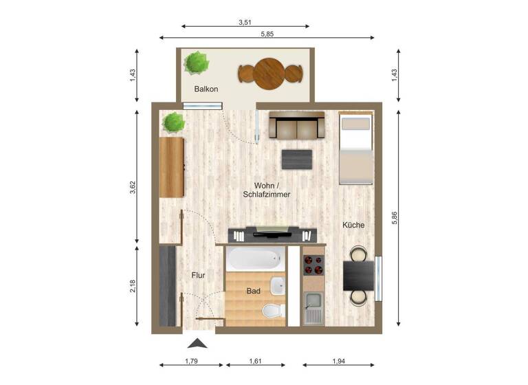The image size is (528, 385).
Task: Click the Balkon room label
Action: tap(206, 89)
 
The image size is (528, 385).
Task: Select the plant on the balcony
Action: tap(196, 63)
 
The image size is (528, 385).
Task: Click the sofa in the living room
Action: tap(296, 125)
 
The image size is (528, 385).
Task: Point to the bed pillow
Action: tap(355, 124)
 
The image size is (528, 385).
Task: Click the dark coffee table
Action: tap(298, 159)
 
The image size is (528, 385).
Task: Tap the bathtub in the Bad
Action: tap(254, 260)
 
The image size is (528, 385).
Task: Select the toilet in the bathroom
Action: tap(274, 310)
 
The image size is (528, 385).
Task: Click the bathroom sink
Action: tap(278, 285)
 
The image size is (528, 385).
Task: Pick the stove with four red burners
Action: tap(313, 265)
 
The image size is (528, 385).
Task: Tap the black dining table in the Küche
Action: tap(359, 276)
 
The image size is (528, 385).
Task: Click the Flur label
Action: tap(198, 275)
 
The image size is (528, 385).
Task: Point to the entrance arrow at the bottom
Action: tap(197, 343)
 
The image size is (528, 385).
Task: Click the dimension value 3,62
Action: tap(133, 186)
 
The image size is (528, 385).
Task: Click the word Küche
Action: tap(353, 225)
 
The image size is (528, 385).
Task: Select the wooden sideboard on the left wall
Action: tap(171, 167)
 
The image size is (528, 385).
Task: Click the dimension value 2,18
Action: tap(133, 286)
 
